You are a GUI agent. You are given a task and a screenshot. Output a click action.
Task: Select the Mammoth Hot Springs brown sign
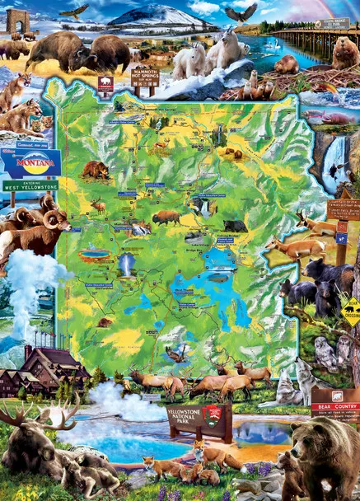(145, 77)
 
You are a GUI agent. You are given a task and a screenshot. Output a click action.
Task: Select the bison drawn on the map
(166, 218)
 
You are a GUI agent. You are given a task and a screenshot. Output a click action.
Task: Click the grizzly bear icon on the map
(96, 170)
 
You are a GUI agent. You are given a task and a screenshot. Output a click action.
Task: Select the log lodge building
(33, 368)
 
